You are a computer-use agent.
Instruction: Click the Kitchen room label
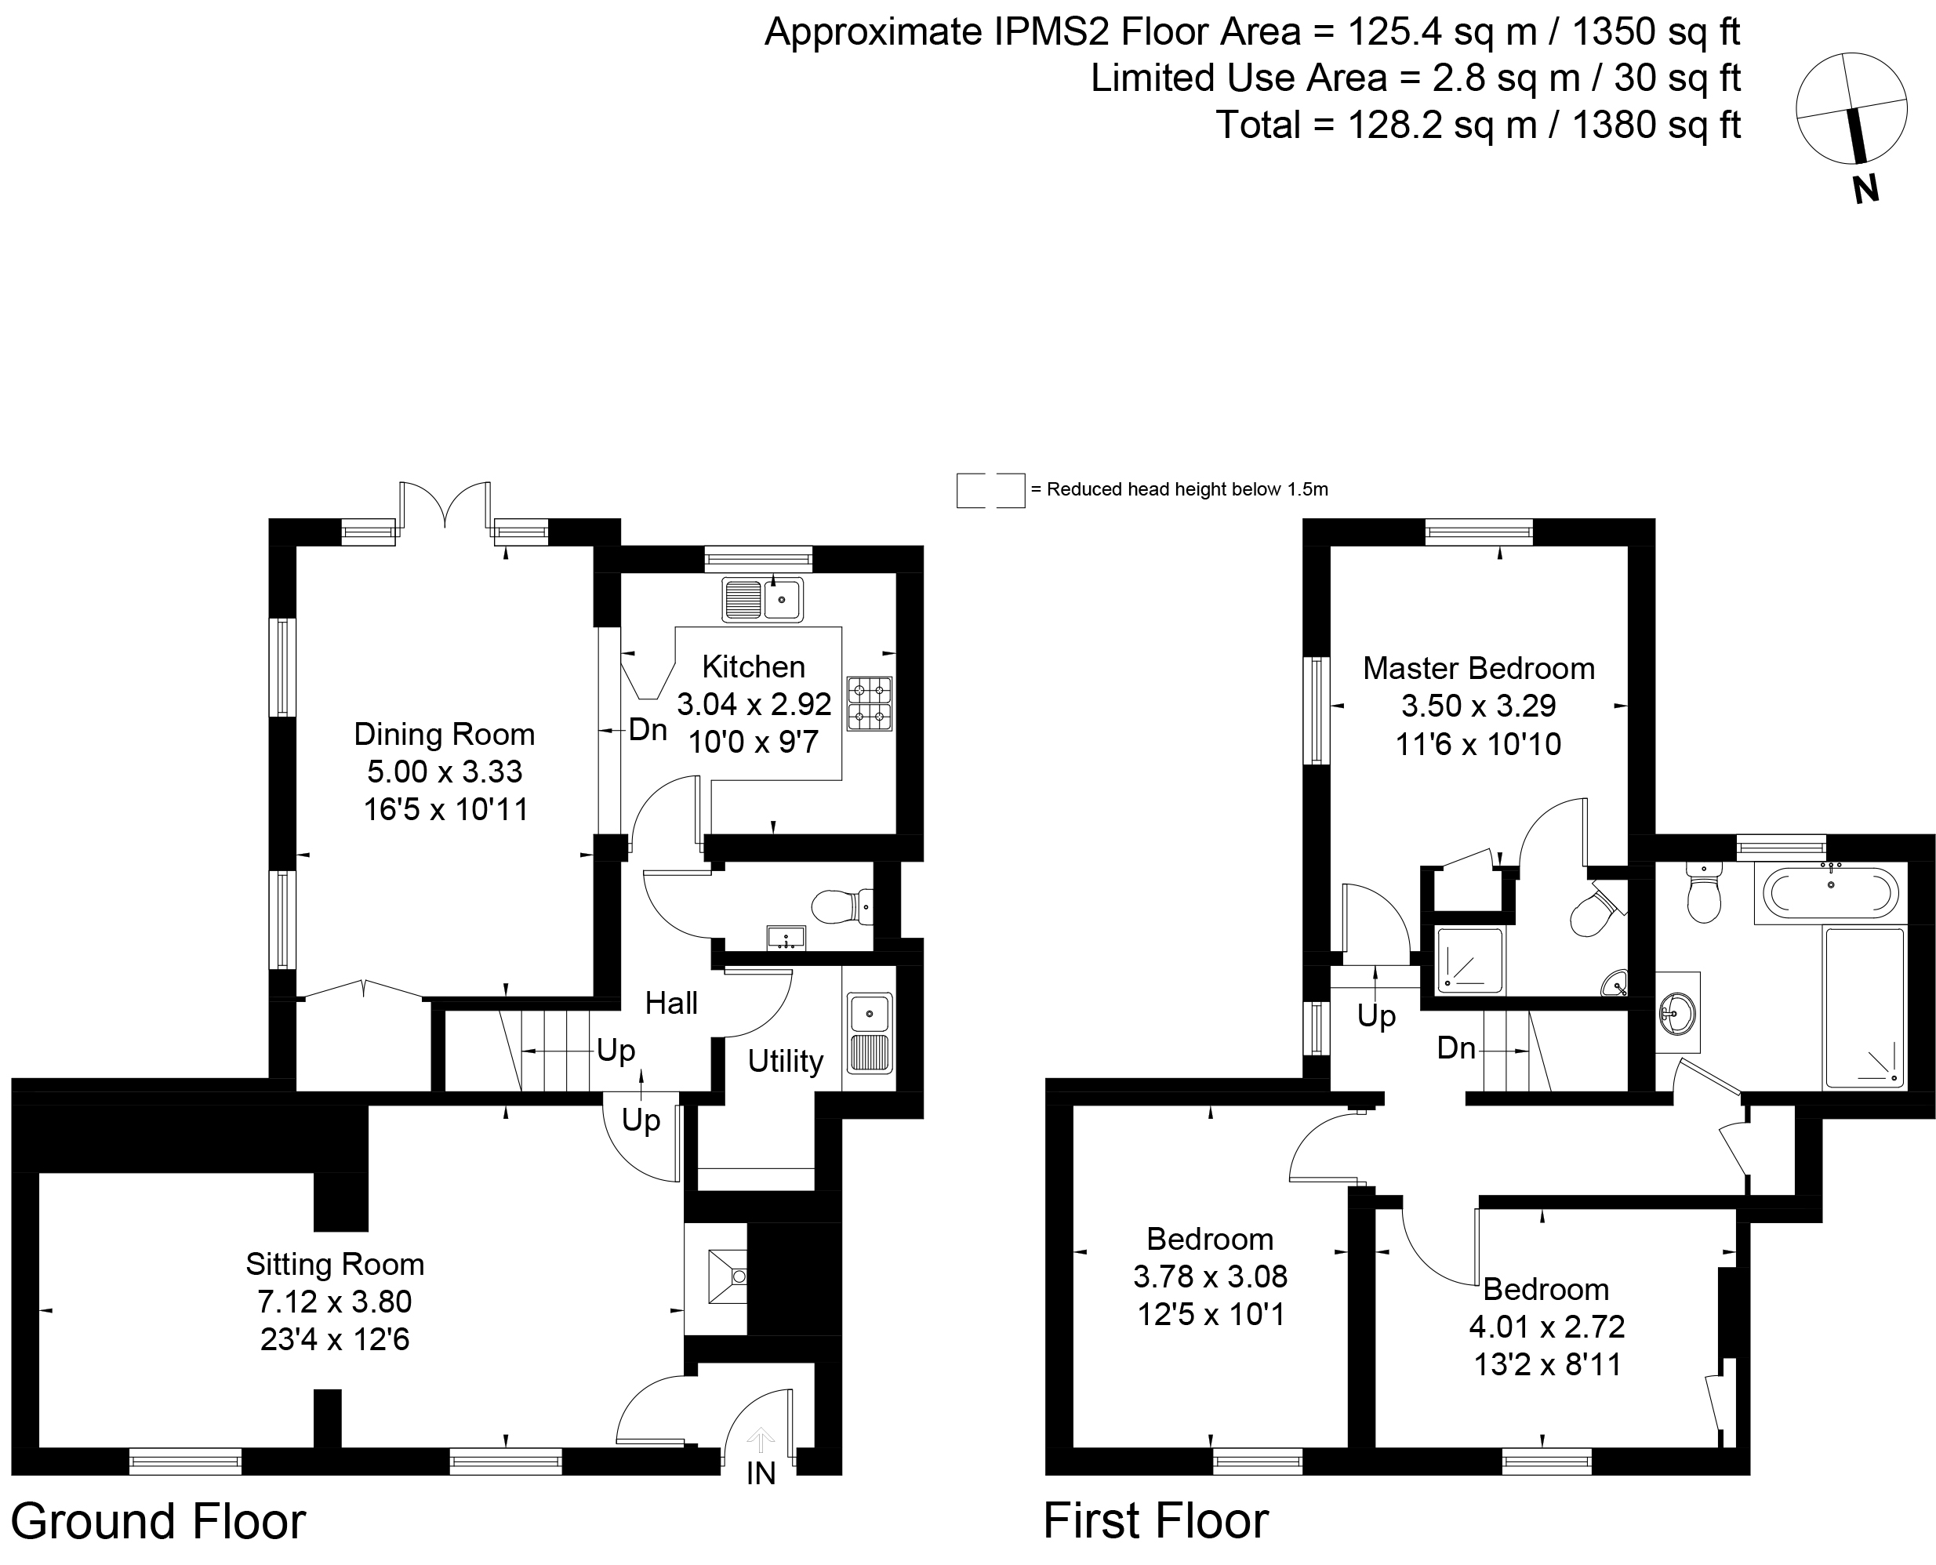tap(753, 667)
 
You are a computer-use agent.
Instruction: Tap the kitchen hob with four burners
tap(869, 704)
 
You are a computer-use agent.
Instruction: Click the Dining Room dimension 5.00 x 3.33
tap(445, 772)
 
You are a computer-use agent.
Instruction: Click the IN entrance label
tap(761, 1473)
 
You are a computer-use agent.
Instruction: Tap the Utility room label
tap(785, 1061)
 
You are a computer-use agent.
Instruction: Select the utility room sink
tap(869, 1033)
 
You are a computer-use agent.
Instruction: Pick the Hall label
tap(671, 1004)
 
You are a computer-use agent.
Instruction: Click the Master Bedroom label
tap(1478, 669)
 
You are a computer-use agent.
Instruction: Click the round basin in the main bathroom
tap(1677, 1011)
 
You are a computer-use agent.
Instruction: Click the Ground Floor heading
tap(158, 1522)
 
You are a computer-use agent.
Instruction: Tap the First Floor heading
tap(1156, 1522)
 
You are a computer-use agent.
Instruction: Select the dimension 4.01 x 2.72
tap(1546, 1327)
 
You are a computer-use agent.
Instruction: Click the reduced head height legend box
tap(990, 490)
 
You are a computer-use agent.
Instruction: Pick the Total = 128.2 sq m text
tap(1477, 125)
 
